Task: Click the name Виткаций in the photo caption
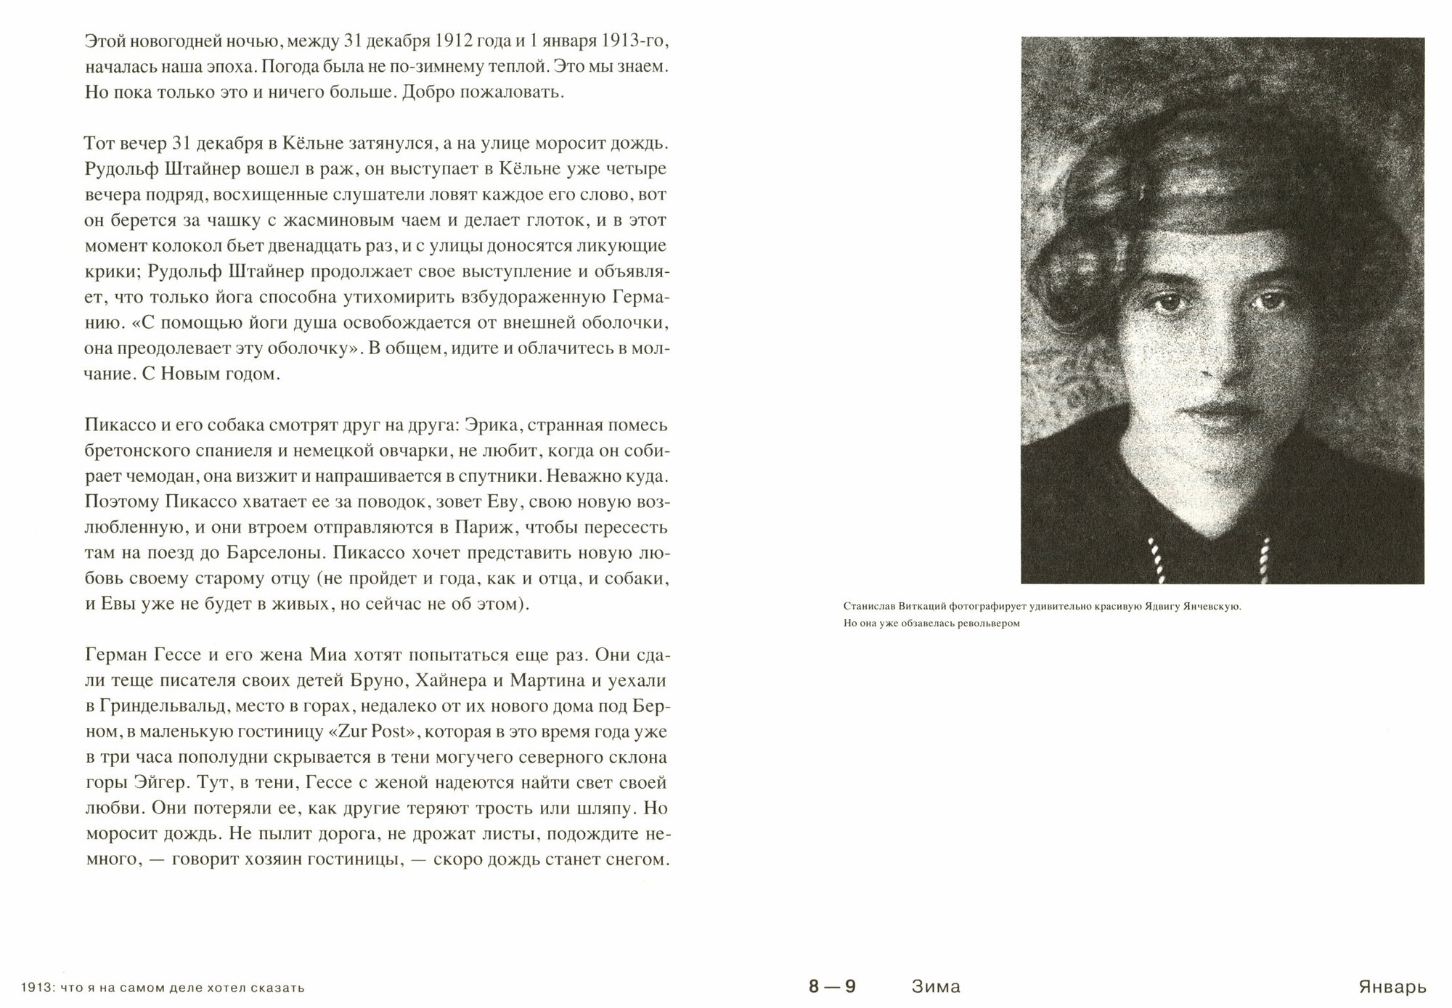pos(921,607)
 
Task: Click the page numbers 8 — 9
pos(833,987)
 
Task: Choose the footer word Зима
pos(935,987)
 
